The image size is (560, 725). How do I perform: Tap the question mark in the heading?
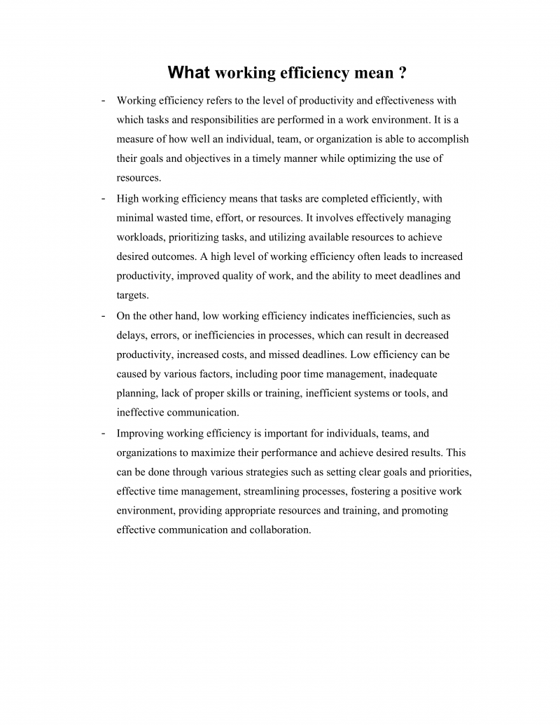(x=402, y=73)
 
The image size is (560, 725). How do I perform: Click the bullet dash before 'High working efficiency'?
(x=104, y=198)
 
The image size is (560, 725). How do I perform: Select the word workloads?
(x=140, y=237)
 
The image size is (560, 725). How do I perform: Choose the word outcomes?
(x=176, y=256)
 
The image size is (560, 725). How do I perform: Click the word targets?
(x=132, y=295)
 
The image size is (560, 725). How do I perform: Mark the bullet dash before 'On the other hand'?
(x=104, y=315)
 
